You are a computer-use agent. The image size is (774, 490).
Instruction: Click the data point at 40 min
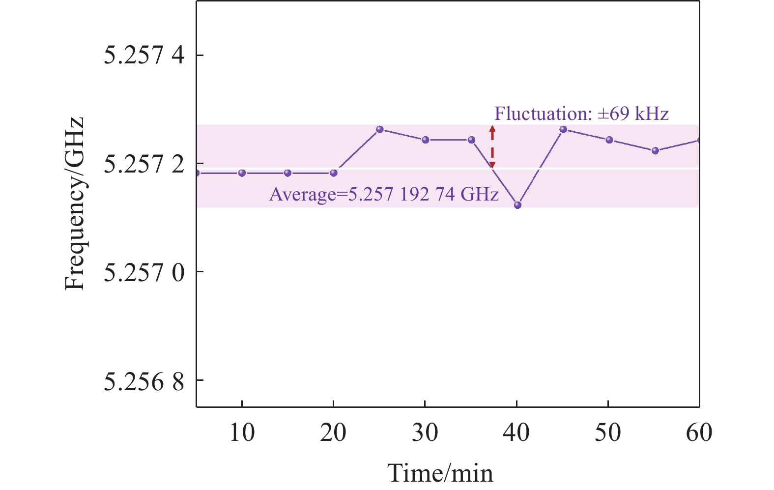pyautogui.click(x=517, y=205)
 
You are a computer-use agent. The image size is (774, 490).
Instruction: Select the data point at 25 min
pyautogui.click(x=379, y=129)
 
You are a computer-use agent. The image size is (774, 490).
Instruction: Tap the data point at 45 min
pyautogui.click(x=563, y=129)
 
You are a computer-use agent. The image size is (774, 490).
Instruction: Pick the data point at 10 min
pyautogui.click(x=242, y=173)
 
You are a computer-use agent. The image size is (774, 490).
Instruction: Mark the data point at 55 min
pyautogui.click(x=655, y=151)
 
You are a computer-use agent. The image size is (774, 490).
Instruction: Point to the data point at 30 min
pyautogui.click(x=426, y=140)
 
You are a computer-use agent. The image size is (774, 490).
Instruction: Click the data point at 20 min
pyautogui.click(x=334, y=173)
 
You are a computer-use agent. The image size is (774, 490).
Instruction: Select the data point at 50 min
pyautogui.click(x=609, y=140)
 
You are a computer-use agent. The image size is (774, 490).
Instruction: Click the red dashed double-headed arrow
pyautogui.click(x=492, y=147)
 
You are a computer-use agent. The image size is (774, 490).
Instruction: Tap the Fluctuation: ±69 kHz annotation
pyautogui.click(x=581, y=114)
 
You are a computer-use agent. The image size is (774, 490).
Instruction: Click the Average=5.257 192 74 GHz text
pyautogui.click(x=384, y=195)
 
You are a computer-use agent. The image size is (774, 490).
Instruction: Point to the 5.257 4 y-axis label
pyautogui.click(x=144, y=55)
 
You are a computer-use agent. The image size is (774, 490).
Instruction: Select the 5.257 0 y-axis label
pyautogui.click(x=144, y=272)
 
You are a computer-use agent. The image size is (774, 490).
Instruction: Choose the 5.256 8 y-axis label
pyautogui.click(x=144, y=380)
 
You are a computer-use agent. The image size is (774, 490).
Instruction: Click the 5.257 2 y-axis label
pyautogui.click(x=144, y=164)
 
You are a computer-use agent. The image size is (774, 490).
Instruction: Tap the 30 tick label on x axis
pyautogui.click(x=425, y=433)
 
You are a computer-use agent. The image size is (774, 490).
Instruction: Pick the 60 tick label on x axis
pyautogui.click(x=699, y=433)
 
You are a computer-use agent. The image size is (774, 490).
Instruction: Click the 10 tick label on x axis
pyautogui.click(x=242, y=433)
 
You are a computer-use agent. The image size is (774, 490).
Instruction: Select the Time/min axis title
pyautogui.click(x=440, y=473)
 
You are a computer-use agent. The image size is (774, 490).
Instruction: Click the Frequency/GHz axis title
pyautogui.click(x=75, y=203)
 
